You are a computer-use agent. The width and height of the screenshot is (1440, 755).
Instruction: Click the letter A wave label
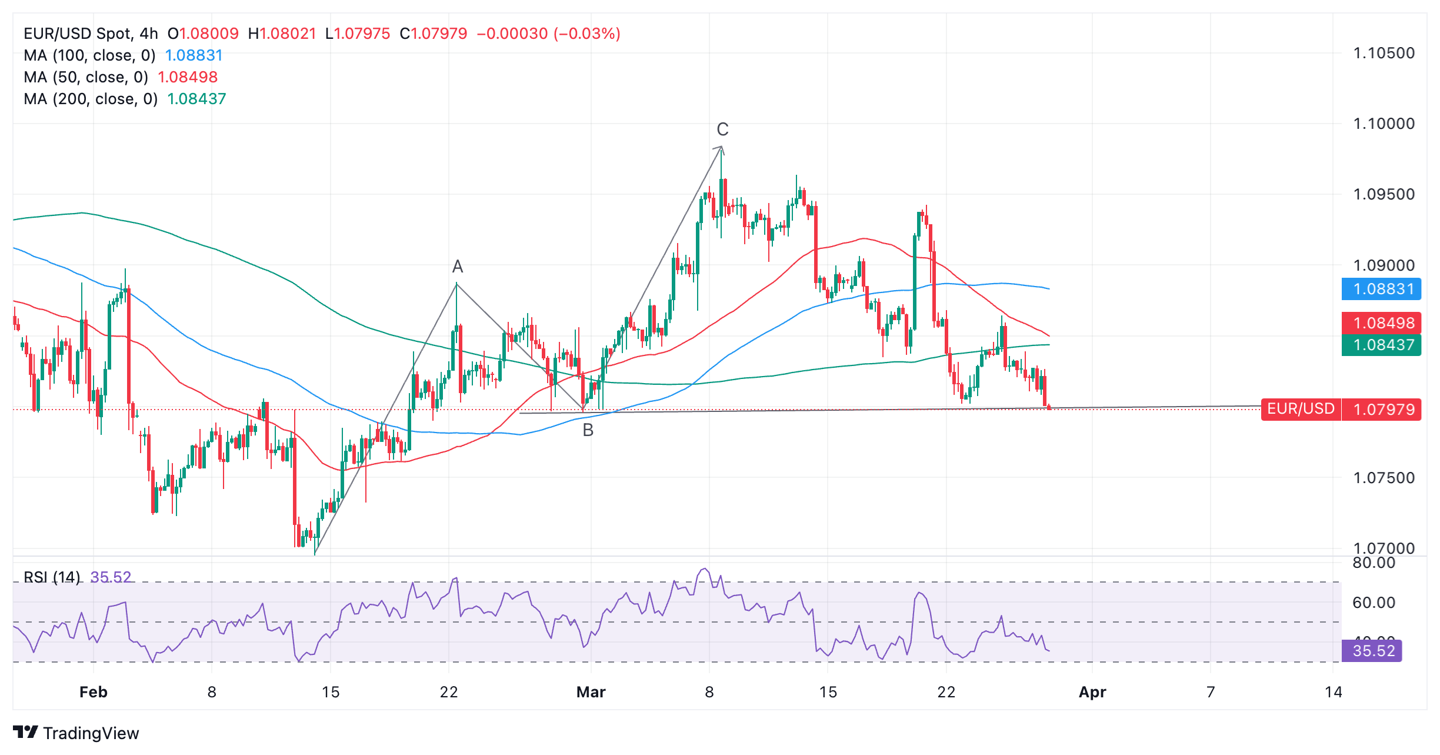(457, 267)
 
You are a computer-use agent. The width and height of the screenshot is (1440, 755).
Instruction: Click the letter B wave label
(588, 431)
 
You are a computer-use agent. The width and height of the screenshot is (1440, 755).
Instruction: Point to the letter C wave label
(722, 129)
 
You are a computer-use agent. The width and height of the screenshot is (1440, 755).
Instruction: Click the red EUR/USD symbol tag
(1300, 409)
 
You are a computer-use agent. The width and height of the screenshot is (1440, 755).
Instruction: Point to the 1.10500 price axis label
(1384, 54)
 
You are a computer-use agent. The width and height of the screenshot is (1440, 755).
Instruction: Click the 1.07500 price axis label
(1384, 478)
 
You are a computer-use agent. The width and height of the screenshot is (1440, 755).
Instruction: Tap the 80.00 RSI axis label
(1374, 563)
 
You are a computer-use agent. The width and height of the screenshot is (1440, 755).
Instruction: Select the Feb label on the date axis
(94, 692)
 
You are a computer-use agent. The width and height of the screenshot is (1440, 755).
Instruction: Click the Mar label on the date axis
(591, 692)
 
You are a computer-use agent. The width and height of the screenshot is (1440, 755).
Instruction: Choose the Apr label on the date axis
(1092, 692)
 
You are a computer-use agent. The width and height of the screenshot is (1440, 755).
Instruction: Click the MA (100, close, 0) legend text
(89, 56)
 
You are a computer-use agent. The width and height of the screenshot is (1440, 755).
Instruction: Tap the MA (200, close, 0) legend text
(91, 99)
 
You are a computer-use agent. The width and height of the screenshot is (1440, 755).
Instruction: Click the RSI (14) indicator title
(52, 577)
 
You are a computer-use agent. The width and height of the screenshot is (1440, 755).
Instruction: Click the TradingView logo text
(91, 733)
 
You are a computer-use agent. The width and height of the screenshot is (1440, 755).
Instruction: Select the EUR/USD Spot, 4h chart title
(91, 34)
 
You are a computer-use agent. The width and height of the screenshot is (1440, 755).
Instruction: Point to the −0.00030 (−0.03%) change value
(548, 34)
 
